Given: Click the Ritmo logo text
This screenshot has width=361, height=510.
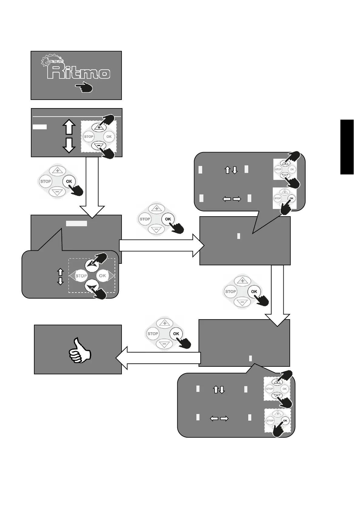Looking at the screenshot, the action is point(80,73).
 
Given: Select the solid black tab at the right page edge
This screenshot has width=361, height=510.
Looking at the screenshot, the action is point(347,147).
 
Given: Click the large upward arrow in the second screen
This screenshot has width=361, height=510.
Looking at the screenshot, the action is point(69,127).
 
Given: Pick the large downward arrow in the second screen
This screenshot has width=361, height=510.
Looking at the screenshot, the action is point(69,145).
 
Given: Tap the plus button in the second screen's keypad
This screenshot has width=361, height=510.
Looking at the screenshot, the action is point(99,127).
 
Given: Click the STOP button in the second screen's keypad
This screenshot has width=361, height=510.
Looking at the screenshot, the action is point(89,137).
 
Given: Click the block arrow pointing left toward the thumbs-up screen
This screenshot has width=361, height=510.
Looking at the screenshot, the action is point(158,358).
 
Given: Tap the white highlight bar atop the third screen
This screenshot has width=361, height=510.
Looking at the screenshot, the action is point(77,224).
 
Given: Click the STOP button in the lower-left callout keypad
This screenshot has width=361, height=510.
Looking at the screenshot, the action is point(81,276).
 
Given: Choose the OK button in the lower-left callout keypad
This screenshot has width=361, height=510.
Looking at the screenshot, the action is point(102,276).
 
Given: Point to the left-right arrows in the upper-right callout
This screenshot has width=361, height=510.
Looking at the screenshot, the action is point(232,199).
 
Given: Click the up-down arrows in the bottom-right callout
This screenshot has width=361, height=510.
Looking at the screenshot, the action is point(219,389).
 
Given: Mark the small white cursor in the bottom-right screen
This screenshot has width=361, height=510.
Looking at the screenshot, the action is point(250,358).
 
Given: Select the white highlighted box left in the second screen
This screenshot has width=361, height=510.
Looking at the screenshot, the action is point(40,127).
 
